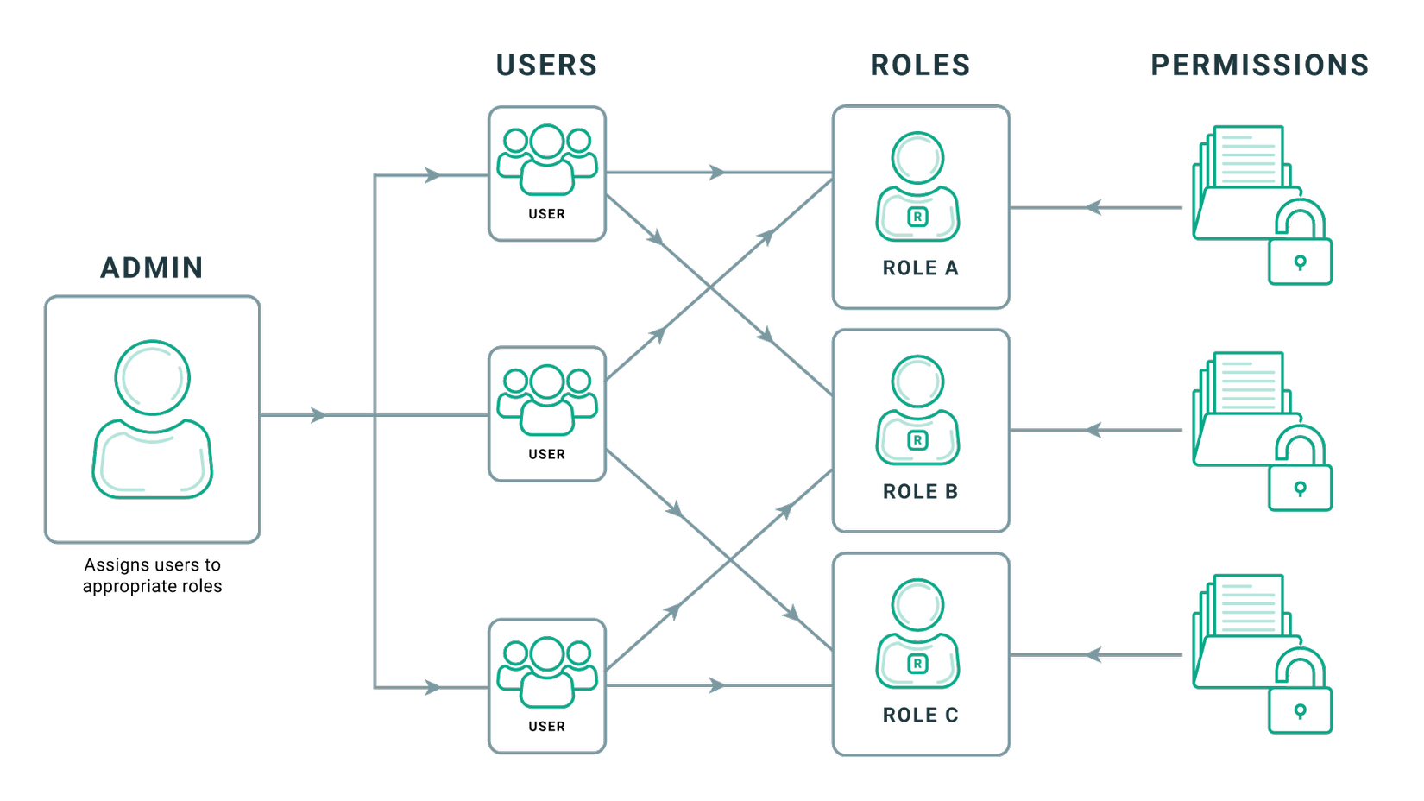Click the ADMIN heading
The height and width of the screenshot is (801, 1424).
[x=152, y=268]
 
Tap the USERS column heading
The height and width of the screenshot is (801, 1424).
[x=546, y=65]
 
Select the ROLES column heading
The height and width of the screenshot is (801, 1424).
[x=920, y=65]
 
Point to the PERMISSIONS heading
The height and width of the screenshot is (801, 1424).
[x=1260, y=65]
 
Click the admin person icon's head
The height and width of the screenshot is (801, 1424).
[x=153, y=377]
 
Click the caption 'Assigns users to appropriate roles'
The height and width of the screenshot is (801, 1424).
[x=153, y=576]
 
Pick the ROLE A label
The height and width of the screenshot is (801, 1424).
[x=921, y=268]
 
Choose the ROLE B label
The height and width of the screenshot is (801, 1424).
[x=921, y=491]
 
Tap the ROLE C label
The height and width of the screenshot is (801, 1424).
[x=921, y=716]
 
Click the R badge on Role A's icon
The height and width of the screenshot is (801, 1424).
[x=917, y=217]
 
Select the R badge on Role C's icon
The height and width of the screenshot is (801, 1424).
[x=917, y=664]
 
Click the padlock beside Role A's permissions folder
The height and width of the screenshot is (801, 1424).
[x=1300, y=243]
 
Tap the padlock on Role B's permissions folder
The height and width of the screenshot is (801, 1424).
[x=1300, y=469]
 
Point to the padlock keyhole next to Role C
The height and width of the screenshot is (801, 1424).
[x=1300, y=710]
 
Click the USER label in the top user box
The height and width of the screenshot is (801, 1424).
[x=546, y=214]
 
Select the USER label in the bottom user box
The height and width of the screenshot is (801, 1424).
[x=546, y=727]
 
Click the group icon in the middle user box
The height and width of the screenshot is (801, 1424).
[x=546, y=400]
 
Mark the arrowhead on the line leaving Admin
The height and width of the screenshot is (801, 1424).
[x=318, y=416]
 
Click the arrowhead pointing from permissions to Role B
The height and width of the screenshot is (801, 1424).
[x=1093, y=431]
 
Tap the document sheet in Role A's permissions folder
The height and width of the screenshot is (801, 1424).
[x=1248, y=155]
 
